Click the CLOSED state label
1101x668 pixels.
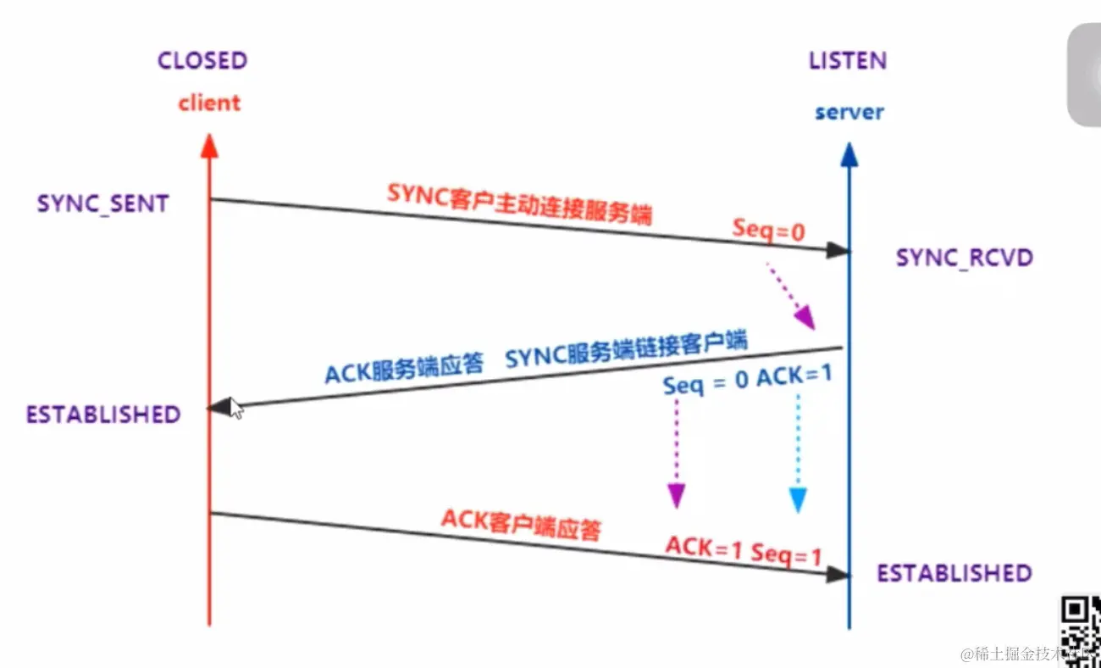click(x=202, y=61)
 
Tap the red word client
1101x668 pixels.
click(x=208, y=103)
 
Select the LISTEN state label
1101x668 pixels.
click(x=847, y=61)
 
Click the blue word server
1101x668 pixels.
click(x=849, y=112)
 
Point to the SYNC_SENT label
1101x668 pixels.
click(x=102, y=204)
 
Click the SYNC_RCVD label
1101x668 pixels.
click(x=965, y=258)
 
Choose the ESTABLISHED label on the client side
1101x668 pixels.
click(x=103, y=415)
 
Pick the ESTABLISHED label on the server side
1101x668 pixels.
click(x=954, y=573)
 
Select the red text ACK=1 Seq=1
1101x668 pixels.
click(x=743, y=551)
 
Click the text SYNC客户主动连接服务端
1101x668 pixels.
click(x=519, y=204)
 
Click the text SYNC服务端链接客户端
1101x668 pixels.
click(x=626, y=352)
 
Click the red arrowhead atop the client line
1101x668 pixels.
click(x=210, y=146)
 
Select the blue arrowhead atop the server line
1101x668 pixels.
click(x=849, y=154)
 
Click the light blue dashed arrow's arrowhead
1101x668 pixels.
click(x=796, y=499)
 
